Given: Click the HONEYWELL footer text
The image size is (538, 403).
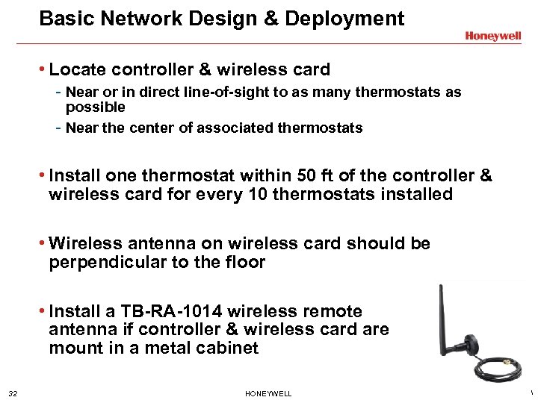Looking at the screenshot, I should (x=268, y=393).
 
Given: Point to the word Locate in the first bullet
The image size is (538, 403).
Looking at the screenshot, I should (x=78, y=70).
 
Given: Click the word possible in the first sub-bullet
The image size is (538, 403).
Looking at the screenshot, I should (x=95, y=107).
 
